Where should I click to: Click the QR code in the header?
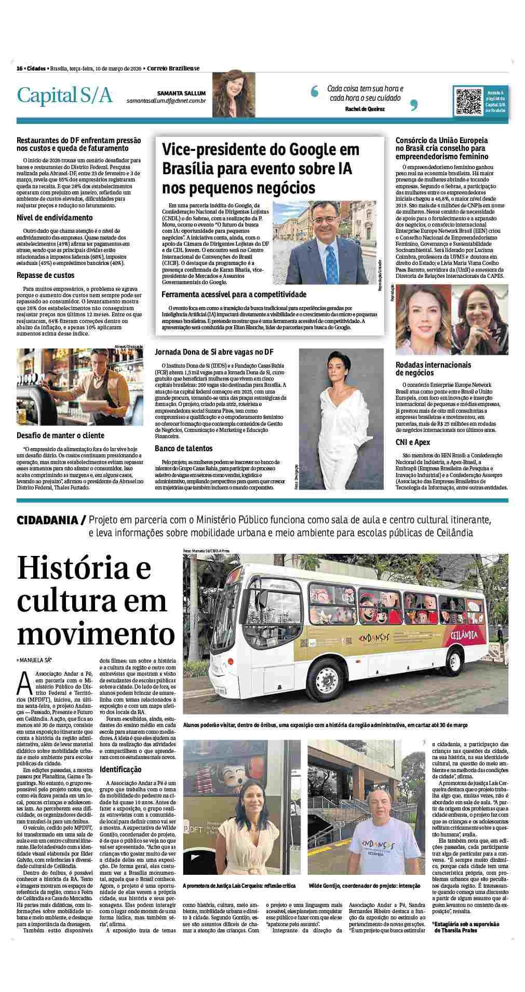click(x=468, y=101)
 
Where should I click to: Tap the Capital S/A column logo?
click(x=64, y=95)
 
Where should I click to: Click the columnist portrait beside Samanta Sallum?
click(x=233, y=94)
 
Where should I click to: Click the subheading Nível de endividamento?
click(x=55, y=218)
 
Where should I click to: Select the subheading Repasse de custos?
click(x=46, y=275)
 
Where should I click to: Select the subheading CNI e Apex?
click(x=413, y=442)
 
